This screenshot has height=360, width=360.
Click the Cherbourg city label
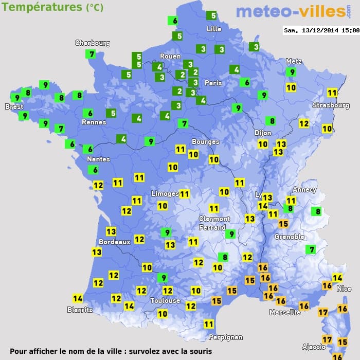tap(93, 43)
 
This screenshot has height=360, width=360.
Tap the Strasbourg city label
tap(331, 105)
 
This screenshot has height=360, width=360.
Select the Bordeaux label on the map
tap(114, 242)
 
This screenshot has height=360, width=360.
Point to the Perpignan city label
tap(225, 337)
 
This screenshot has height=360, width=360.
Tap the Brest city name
tap(14, 107)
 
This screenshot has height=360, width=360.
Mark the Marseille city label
tap(285, 312)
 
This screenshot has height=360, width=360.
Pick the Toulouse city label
tap(165, 301)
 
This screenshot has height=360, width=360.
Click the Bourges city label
tap(205, 142)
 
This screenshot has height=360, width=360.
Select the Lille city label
tap(213, 29)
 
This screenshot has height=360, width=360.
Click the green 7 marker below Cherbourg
tap(92, 54)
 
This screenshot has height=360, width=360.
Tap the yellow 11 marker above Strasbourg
tap(332, 93)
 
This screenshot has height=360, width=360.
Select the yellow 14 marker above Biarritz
tap(78, 298)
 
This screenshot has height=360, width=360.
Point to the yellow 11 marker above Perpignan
tap(208, 324)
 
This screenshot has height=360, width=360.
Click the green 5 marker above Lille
tap(211, 16)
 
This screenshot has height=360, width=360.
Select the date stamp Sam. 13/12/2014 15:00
tap(321, 30)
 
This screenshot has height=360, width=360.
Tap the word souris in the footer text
tap(199, 351)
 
